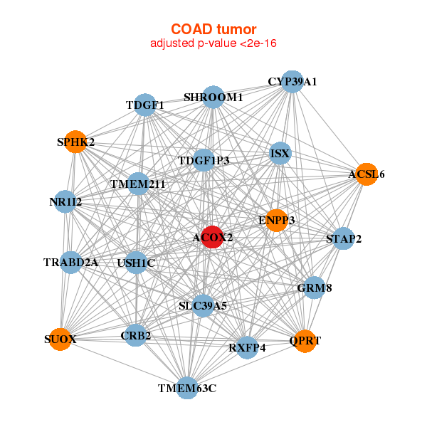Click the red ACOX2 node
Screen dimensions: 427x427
click(212, 237)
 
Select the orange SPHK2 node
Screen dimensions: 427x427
click(75, 142)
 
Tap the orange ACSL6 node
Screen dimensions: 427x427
click(367, 174)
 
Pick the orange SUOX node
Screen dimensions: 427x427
click(60, 339)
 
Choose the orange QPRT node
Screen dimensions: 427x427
click(305, 341)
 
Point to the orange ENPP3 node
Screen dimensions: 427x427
click(276, 221)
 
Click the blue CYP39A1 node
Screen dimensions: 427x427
click(292, 82)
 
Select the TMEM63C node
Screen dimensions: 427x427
click(187, 388)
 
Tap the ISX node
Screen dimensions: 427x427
click(280, 153)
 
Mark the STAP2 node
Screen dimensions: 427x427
click(344, 238)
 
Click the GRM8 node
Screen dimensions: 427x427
click(315, 288)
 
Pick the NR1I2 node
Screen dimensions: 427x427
click(65, 202)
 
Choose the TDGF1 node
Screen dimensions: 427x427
click(145, 105)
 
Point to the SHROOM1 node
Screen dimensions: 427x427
click(213, 97)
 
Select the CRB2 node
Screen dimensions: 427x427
click(135, 335)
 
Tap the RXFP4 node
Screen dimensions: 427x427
click(247, 347)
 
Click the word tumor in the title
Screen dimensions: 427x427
click(237, 29)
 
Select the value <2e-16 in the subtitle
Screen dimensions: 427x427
click(258, 43)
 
